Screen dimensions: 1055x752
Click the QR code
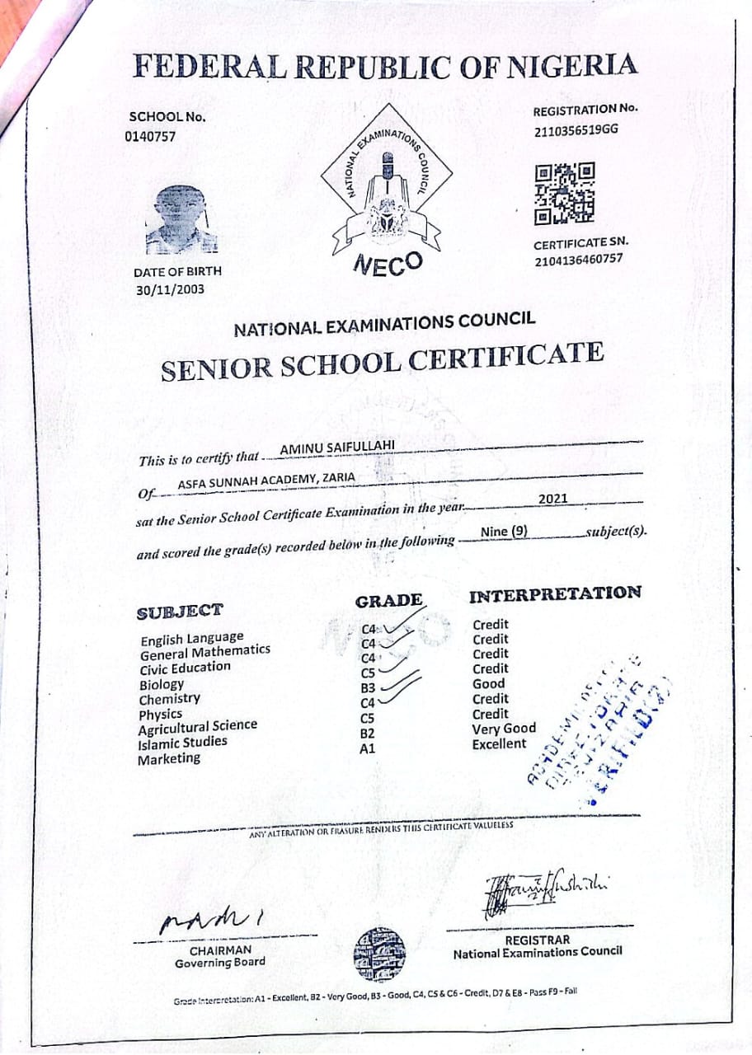pyautogui.click(x=565, y=194)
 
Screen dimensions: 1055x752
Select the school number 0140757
pyautogui.click(x=150, y=137)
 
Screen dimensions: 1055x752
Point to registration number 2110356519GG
pyautogui.click(x=576, y=129)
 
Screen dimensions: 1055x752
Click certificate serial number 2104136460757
pyautogui.click(x=578, y=260)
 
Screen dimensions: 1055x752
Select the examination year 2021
pyautogui.click(x=552, y=499)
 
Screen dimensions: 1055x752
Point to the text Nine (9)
pyautogui.click(x=504, y=532)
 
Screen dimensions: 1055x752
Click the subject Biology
pyautogui.click(x=162, y=684)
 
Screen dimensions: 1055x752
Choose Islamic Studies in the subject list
pyautogui.click(x=182, y=743)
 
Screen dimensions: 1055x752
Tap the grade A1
pyautogui.click(x=368, y=750)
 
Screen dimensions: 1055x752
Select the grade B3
pyautogui.click(x=369, y=688)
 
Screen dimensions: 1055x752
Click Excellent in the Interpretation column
pyautogui.click(x=499, y=743)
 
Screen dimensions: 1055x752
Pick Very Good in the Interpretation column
pyautogui.click(x=504, y=729)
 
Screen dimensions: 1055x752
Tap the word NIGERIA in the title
pyautogui.click(x=567, y=66)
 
